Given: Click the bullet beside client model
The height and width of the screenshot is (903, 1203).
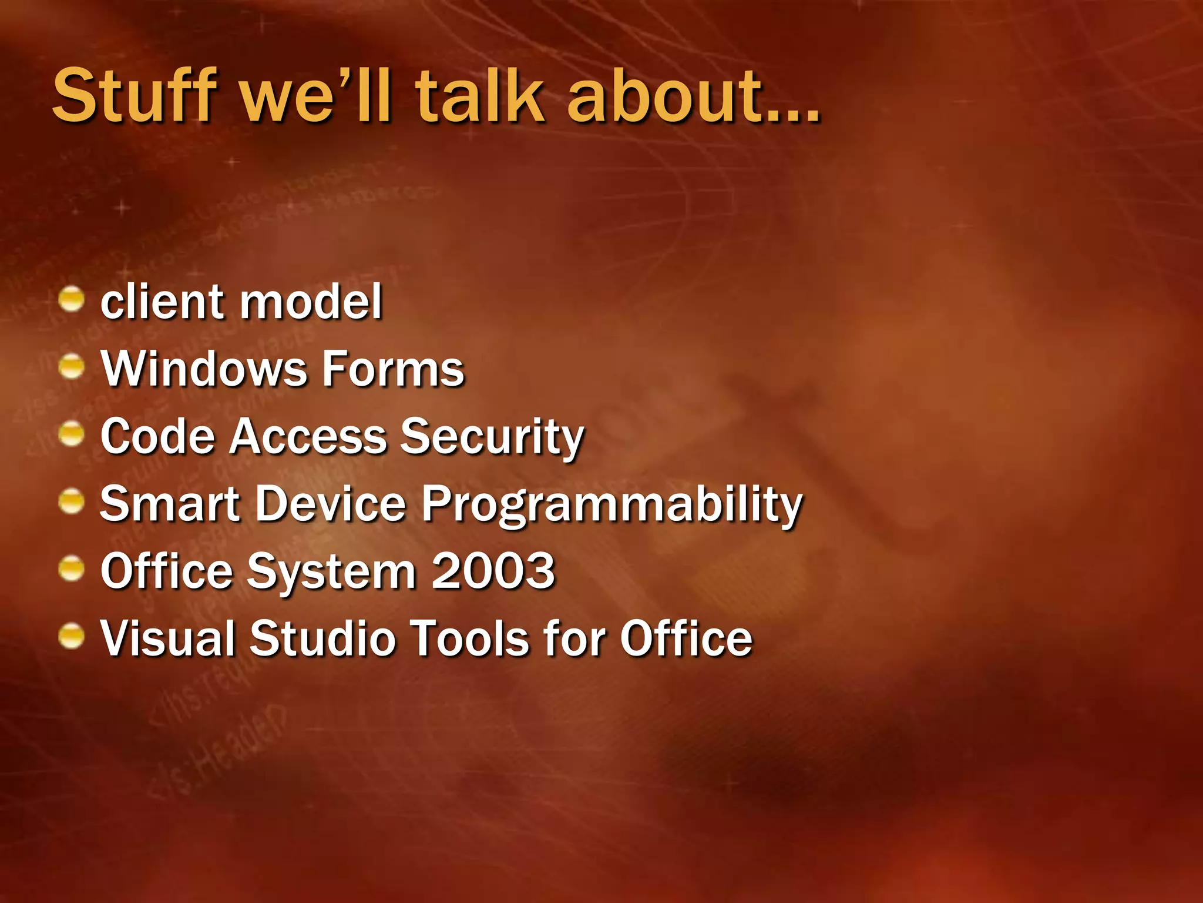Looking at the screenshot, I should tap(72, 299).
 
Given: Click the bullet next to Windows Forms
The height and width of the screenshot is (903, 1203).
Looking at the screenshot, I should tap(72, 367).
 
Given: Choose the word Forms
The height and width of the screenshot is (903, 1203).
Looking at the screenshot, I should tap(394, 369).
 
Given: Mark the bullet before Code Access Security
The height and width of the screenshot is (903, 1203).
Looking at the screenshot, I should tap(72, 434).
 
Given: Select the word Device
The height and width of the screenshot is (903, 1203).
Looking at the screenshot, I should tap(331, 504).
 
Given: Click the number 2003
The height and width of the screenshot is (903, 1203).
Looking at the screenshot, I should tap(493, 571).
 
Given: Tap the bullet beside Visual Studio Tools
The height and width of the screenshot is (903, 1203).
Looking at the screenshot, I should tap(72, 637).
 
